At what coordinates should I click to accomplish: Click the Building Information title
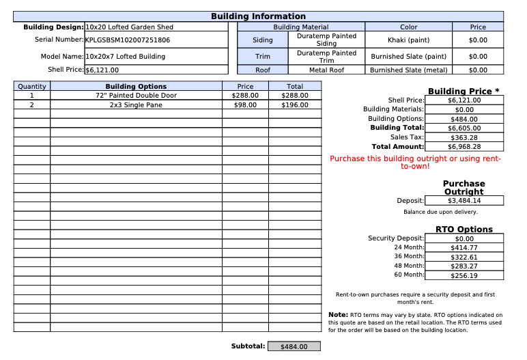point(258,16)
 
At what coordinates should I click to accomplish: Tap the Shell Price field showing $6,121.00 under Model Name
point(102,70)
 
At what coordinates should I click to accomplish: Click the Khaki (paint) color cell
point(408,40)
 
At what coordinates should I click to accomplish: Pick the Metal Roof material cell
point(326,70)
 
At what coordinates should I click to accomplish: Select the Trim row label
point(263,57)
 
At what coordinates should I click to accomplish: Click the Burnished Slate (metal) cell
point(408,70)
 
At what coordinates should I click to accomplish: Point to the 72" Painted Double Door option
point(136,96)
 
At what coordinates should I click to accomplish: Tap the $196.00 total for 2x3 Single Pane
point(294,105)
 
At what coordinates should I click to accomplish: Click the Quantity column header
point(32,87)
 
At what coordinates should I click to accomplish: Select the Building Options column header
point(136,87)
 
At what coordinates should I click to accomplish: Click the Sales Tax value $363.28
point(464,137)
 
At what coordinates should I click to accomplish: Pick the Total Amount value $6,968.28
point(464,147)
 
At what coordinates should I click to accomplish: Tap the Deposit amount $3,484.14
point(464,201)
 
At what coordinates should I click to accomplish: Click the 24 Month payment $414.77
point(464,248)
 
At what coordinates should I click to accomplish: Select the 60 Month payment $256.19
point(464,275)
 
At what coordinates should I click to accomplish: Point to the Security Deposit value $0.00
point(464,238)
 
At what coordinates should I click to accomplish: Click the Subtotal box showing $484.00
point(294,347)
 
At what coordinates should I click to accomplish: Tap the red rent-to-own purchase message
point(415,162)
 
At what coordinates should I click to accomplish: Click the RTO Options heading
point(464,230)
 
